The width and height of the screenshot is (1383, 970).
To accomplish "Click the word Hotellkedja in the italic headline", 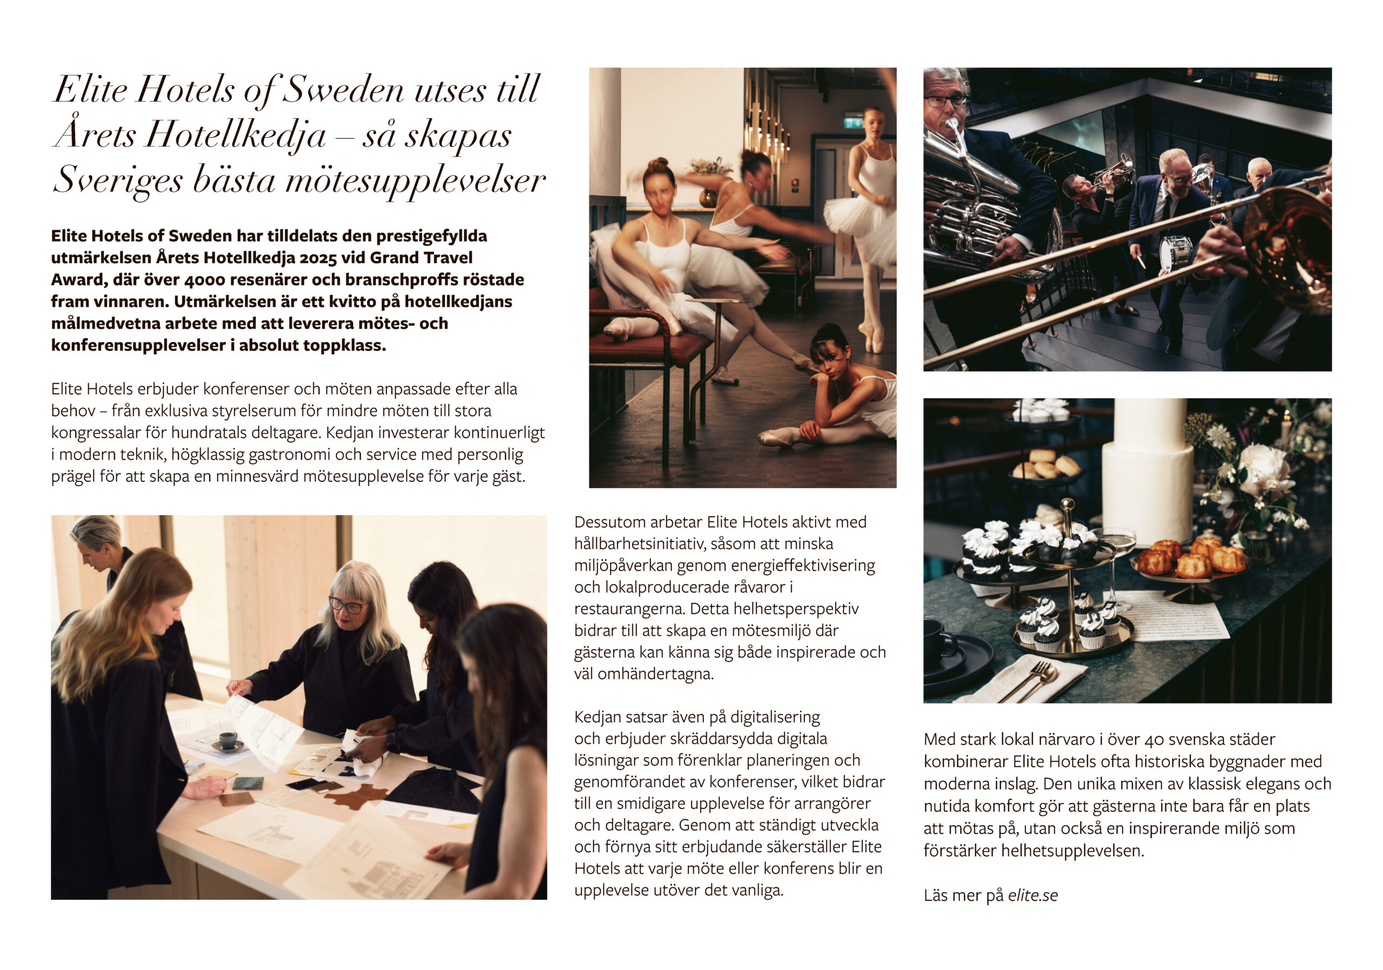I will point(236,135).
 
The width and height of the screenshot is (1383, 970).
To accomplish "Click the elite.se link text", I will point(1032,895).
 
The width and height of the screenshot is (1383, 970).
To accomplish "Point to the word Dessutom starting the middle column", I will point(608,523).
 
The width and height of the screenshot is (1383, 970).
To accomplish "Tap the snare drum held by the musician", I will point(1175,252).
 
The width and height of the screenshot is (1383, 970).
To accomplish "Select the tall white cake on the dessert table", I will point(1147,470).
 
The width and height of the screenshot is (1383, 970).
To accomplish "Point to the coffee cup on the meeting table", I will point(227,739).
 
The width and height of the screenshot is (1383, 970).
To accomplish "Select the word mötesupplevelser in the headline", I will point(415,180).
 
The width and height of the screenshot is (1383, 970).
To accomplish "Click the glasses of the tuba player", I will point(946,101).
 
